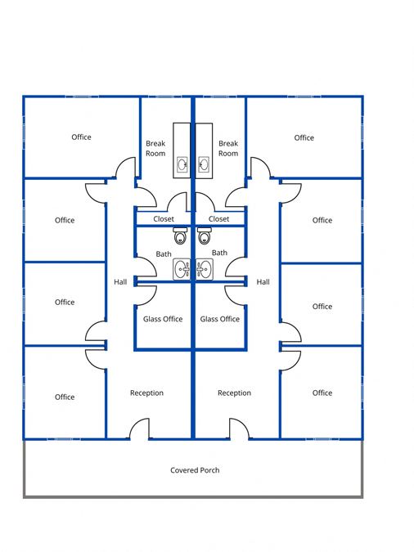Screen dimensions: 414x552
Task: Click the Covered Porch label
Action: click(x=195, y=470)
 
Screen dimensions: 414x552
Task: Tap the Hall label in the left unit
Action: click(x=120, y=281)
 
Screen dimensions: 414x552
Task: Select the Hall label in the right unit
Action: click(x=263, y=281)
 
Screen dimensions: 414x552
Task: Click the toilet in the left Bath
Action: click(x=180, y=236)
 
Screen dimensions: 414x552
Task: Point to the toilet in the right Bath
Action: click(x=204, y=236)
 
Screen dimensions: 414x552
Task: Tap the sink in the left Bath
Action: click(x=182, y=269)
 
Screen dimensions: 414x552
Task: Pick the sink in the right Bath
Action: click(x=205, y=269)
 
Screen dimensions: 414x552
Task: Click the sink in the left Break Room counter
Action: click(x=182, y=164)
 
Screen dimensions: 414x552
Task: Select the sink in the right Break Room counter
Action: click(x=204, y=164)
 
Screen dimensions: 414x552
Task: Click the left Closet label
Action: click(x=164, y=219)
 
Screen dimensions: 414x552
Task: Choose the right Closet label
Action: click(x=218, y=219)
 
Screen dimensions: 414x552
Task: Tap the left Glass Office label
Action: click(x=163, y=319)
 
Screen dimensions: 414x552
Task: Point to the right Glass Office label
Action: click(x=220, y=319)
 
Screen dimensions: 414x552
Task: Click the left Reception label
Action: click(x=146, y=393)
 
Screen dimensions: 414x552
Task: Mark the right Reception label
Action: click(x=234, y=393)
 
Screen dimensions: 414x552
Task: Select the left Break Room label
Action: click(x=155, y=148)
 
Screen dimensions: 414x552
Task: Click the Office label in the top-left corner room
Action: click(x=81, y=137)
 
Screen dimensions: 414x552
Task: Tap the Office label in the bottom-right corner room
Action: click(x=322, y=393)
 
